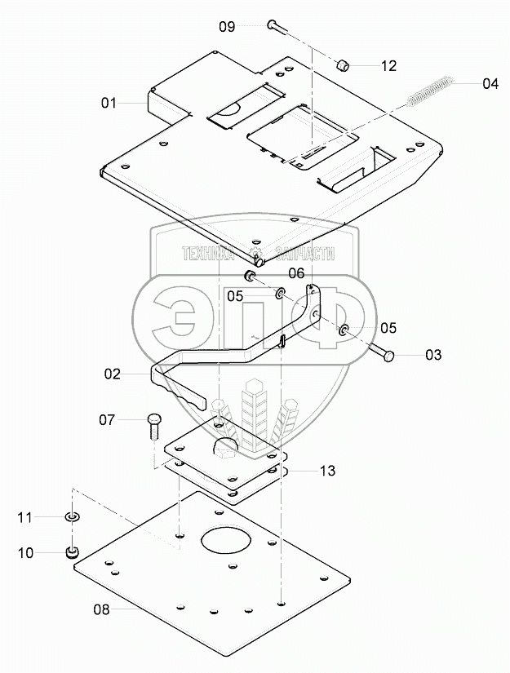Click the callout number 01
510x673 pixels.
(x=110, y=104)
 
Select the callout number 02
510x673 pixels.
(x=112, y=374)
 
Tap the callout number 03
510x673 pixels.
(x=433, y=355)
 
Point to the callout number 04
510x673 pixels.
(x=490, y=83)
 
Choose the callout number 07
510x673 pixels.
(x=109, y=420)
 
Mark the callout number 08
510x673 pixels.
(x=123, y=609)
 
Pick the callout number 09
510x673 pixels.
(x=227, y=27)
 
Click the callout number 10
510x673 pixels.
(x=25, y=553)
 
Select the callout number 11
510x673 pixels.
(x=25, y=517)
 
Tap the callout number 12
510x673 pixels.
(x=388, y=66)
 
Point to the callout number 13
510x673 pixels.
(x=326, y=471)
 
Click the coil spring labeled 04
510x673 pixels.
(x=428, y=90)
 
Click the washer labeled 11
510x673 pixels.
(x=73, y=517)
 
